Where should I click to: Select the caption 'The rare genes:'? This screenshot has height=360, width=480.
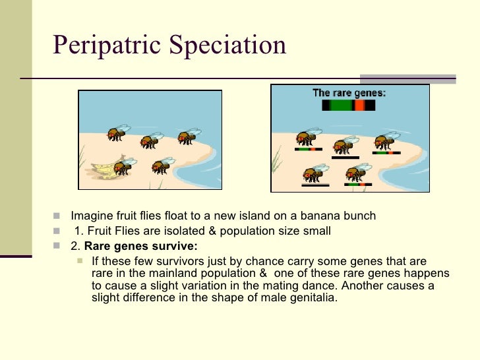tap(349, 93)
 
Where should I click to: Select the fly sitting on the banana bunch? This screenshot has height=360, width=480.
tap(124, 164)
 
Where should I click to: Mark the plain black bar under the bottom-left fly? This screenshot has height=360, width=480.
tap(315, 186)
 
